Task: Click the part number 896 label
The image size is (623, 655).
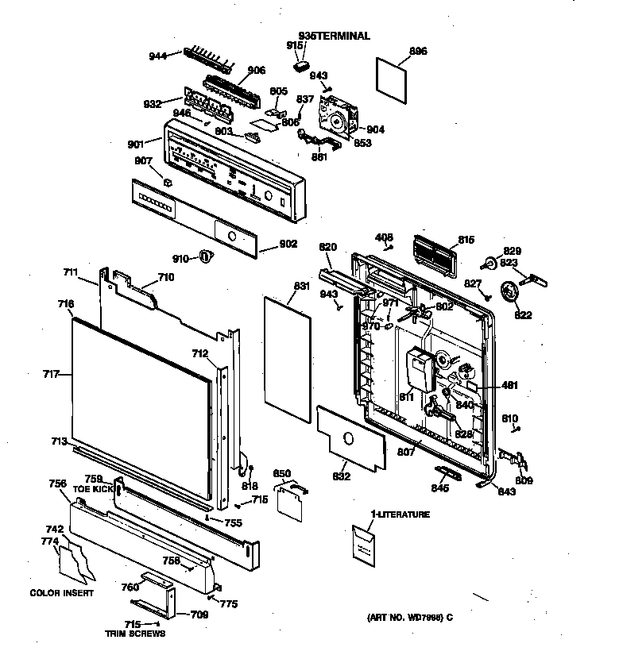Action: coord(418,52)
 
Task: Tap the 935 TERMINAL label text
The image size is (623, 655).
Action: coord(334,36)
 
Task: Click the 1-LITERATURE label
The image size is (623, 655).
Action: coord(400,514)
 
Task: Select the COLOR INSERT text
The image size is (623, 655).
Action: coord(63,593)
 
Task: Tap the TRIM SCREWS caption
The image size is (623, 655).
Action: coord(135,634)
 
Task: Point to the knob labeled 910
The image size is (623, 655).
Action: coord(207,256)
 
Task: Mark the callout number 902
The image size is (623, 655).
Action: coord(288,245)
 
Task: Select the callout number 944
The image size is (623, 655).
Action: coord(159,56)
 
